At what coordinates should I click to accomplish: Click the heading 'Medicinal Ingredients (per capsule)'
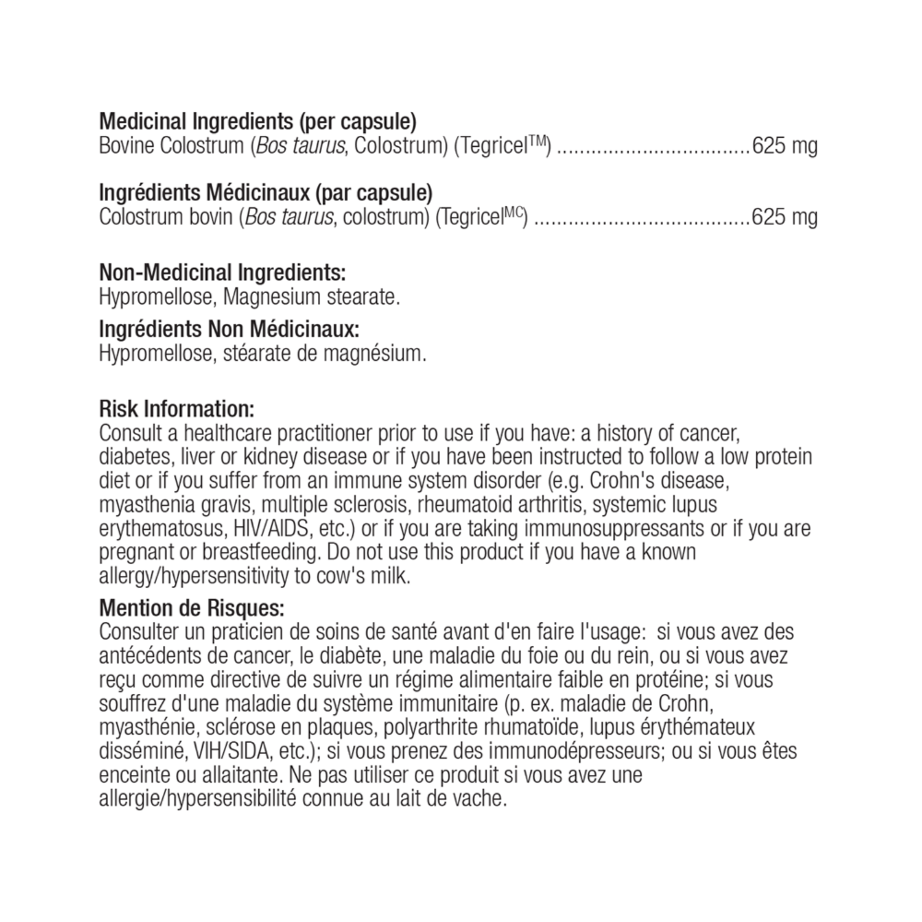[x=258, y=122]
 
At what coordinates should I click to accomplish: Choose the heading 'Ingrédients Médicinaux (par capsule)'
[x=266, y=192]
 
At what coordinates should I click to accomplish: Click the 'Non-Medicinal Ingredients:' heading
[x=222, y=272]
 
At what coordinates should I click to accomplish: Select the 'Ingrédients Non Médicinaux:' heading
[x=229, y=329]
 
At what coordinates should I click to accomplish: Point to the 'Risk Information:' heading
[x=176, y=409]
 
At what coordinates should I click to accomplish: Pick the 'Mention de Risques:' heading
[x=192, y=608]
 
